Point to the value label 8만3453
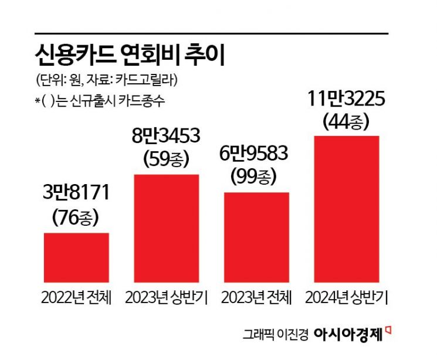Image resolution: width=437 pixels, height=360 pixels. click(x=167, y=138)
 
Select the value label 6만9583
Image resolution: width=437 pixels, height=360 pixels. click(x=257, y=154)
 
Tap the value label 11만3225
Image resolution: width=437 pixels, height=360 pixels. click(x=347, y=100)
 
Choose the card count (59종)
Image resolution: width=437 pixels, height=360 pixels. click(x=167, y=159)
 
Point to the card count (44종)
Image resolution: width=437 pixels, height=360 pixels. click(x=347, y=121)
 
